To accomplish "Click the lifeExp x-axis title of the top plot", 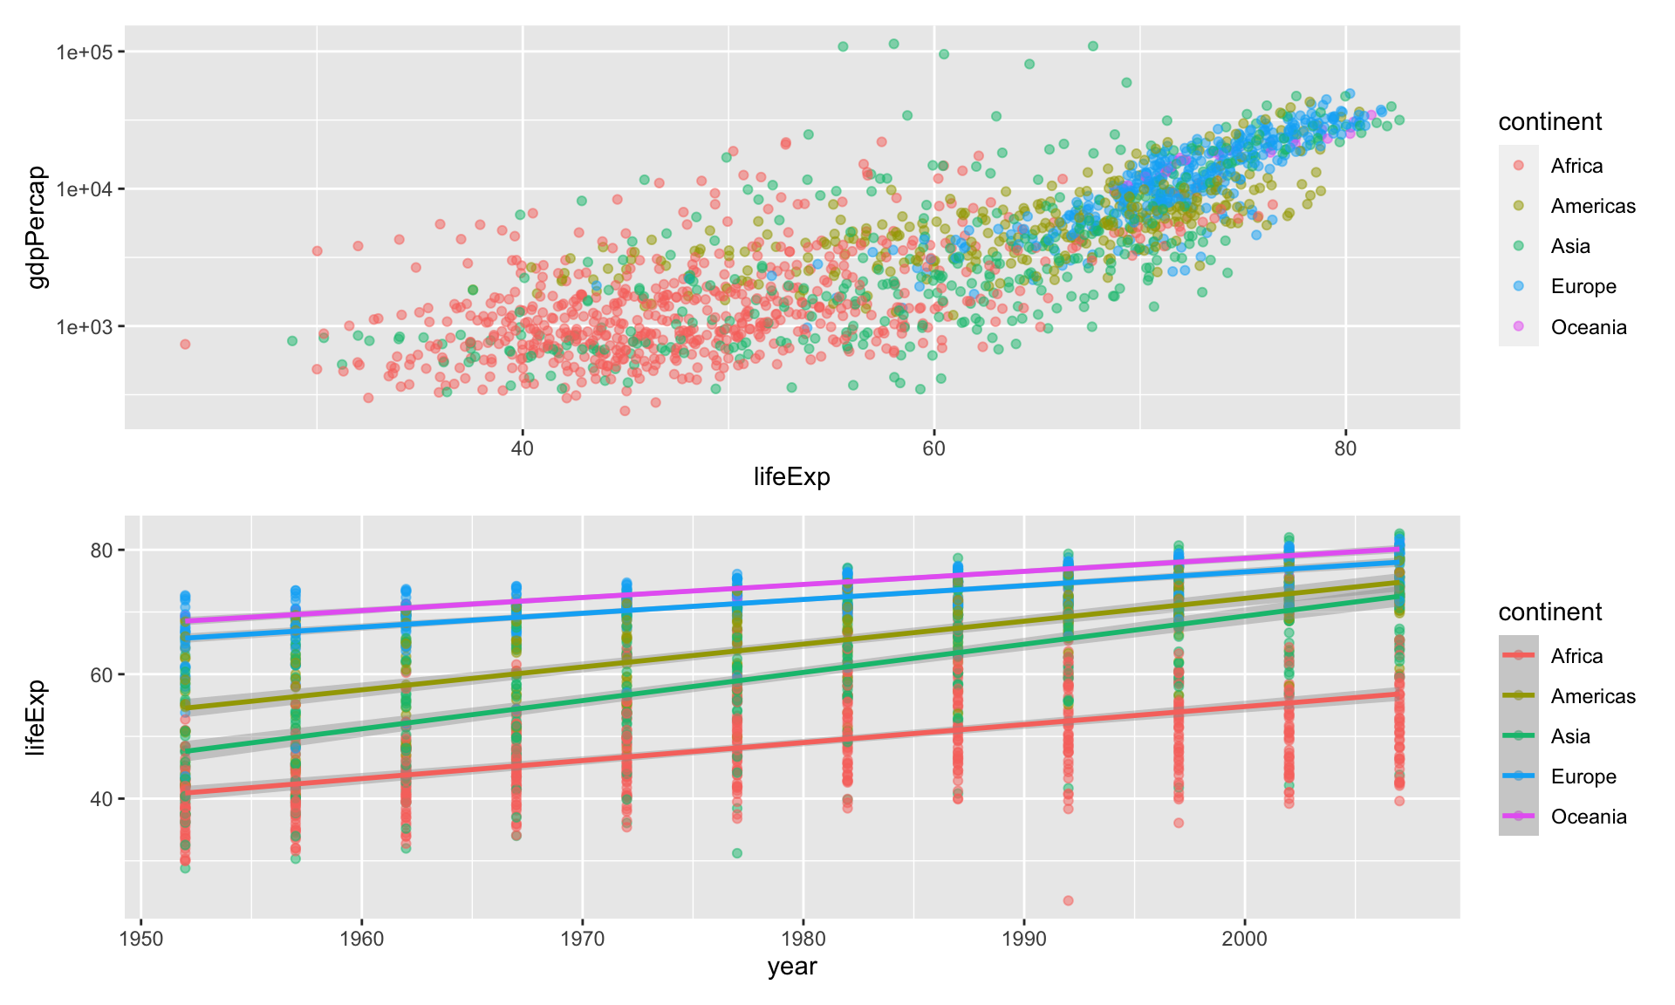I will click(791, 476).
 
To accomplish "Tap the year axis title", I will click(791, 967).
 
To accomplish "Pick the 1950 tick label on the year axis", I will click(140, 939).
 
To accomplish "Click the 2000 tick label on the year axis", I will click(1244, 939).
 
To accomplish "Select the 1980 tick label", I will click(803, 939).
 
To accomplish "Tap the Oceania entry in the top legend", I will click(1588, 327).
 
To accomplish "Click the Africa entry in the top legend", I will click(1576, 166).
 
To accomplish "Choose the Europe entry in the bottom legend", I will click(1583, 776).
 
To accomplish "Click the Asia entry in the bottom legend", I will click(1569, 736).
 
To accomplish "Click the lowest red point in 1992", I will click(1068, 900).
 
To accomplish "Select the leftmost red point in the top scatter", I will click(185, 344).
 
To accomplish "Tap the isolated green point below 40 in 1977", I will click(737, 852).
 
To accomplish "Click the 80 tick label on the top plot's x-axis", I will click(1345, 448).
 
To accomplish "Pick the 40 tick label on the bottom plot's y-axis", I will click(102, 799).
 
